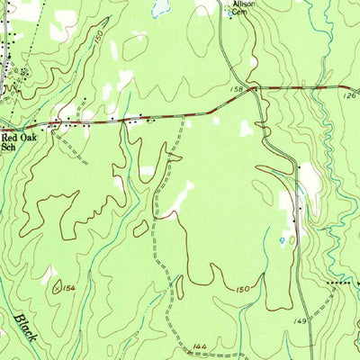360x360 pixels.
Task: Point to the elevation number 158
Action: tap(239, 89)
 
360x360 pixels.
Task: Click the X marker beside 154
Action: tap(57, 288)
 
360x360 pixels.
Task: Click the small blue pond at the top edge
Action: tap(160, 8)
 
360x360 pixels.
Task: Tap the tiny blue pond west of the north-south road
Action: tap(283, 240)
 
